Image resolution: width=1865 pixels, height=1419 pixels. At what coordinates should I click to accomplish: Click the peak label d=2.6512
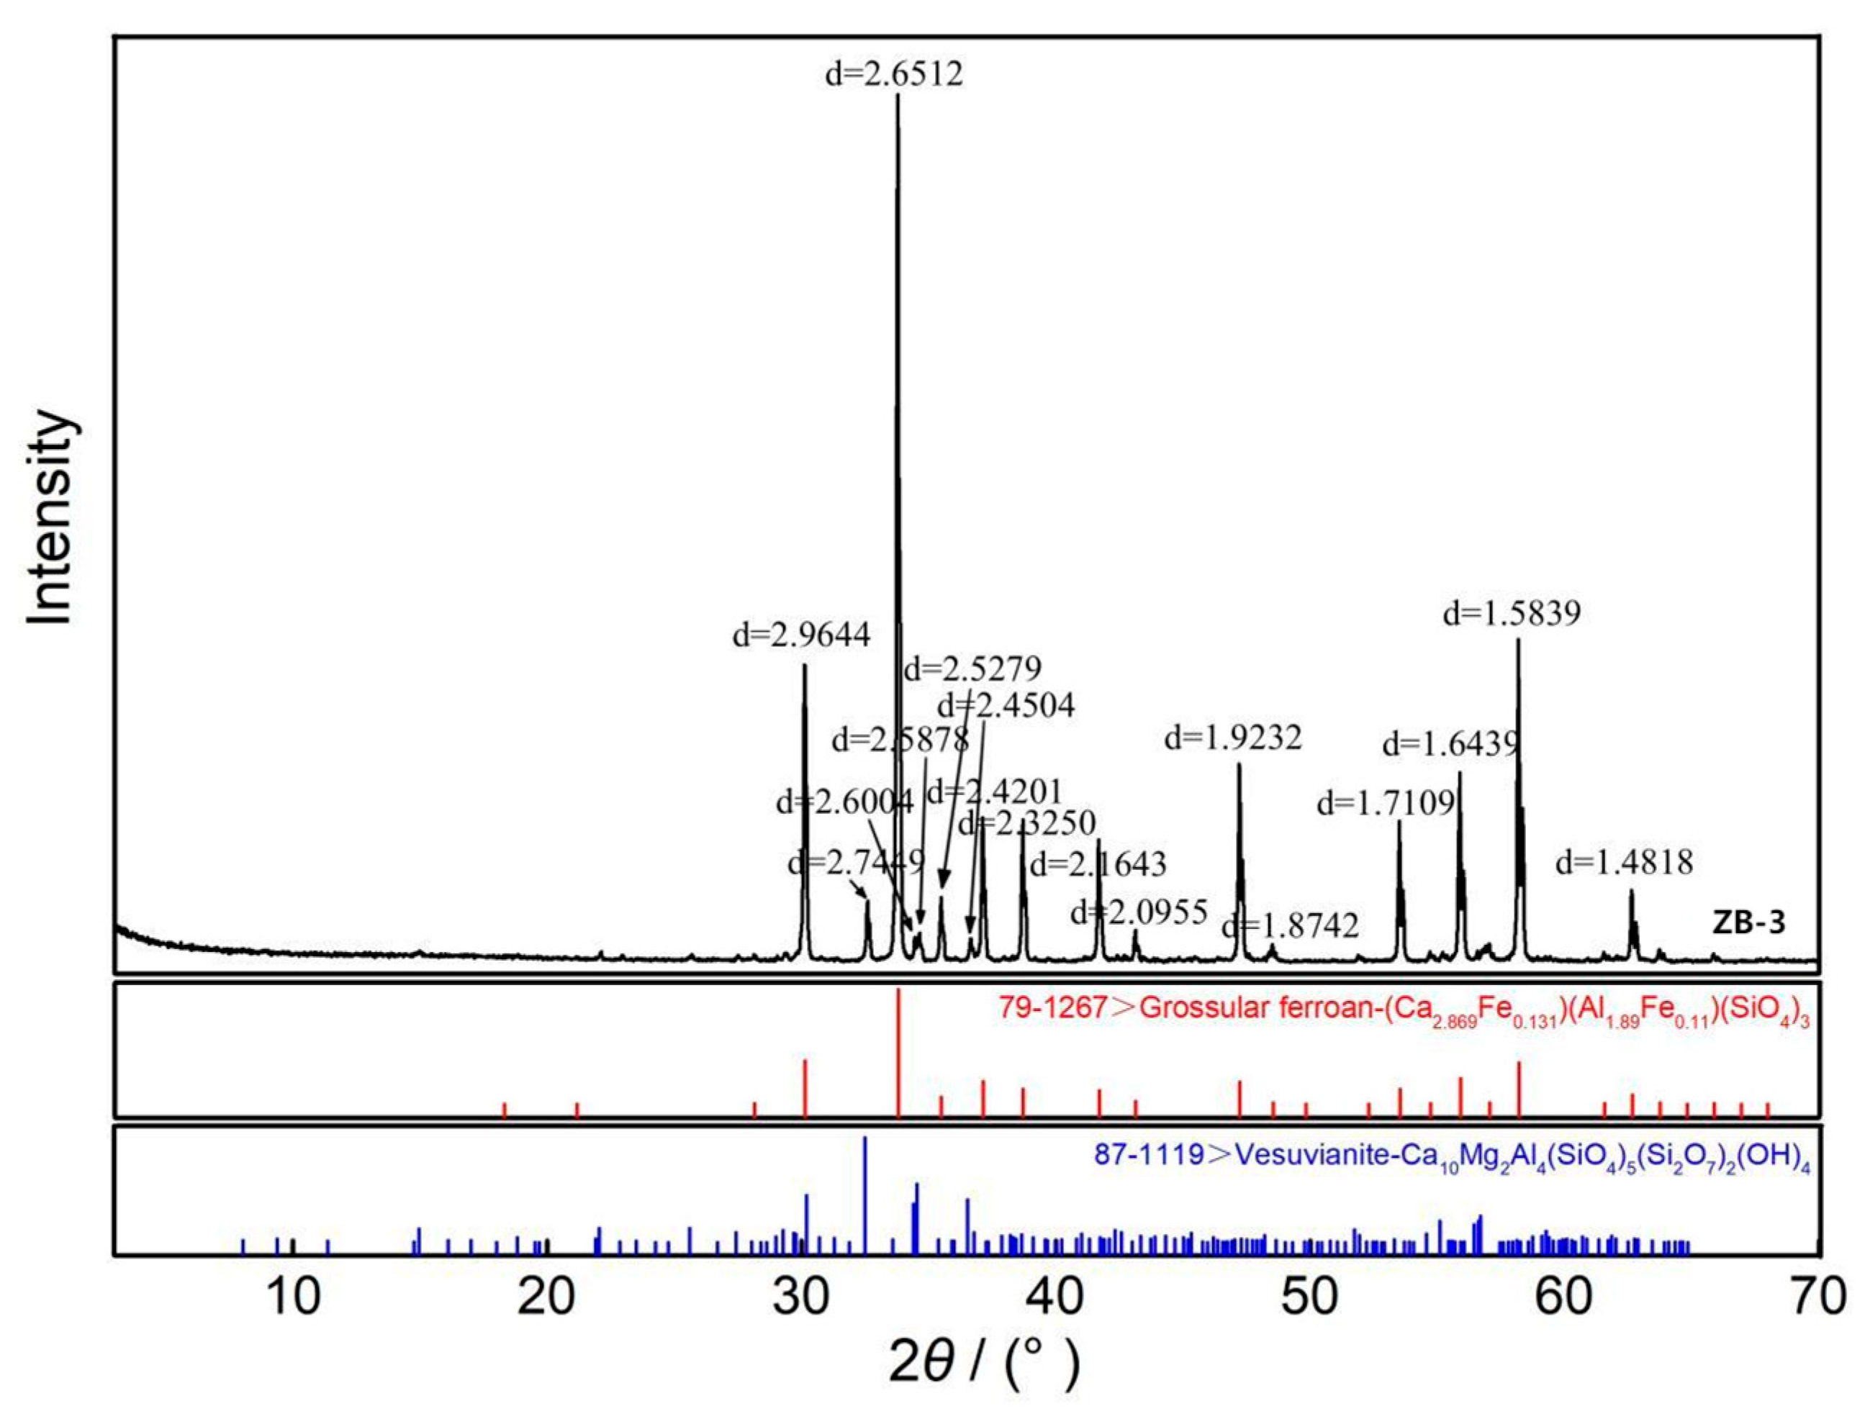(x=894, y=74)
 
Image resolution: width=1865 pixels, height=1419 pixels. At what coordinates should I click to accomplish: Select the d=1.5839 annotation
(x=1512, y=613)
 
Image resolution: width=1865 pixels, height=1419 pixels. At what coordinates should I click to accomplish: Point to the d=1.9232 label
(x=1233, y=738)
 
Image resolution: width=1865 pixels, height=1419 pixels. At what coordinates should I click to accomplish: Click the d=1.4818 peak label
(x=1624, y=862)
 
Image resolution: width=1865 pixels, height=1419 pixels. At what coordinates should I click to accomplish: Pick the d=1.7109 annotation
(x=1386, y=802)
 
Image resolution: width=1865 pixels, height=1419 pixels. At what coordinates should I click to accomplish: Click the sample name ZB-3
(x=1749, y=923)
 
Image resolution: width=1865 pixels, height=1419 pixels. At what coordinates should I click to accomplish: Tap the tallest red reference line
(x=898, y=1051)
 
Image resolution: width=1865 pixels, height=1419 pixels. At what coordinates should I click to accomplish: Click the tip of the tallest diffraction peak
(x=898, y=96)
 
